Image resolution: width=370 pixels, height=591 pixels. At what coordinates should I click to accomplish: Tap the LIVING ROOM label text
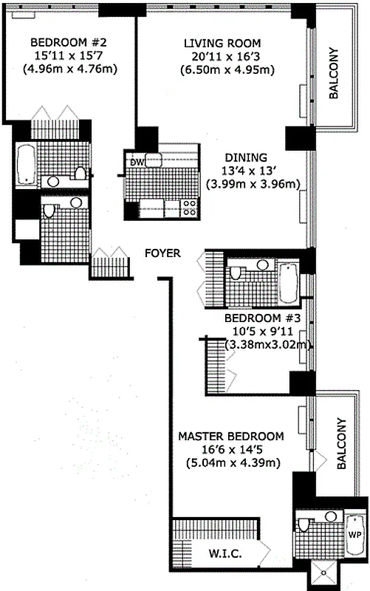coord(222,44)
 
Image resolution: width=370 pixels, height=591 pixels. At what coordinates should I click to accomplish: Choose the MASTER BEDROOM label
coord(231,436)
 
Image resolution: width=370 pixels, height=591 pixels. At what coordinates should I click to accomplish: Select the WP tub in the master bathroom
coord(355,533)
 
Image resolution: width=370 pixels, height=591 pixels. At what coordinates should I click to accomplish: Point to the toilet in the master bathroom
coord(306,527)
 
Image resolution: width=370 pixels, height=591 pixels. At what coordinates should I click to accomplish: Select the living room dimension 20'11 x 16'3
coord(223,57)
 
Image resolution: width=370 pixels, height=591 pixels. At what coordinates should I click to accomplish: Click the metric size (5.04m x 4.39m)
coord(231,463)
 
